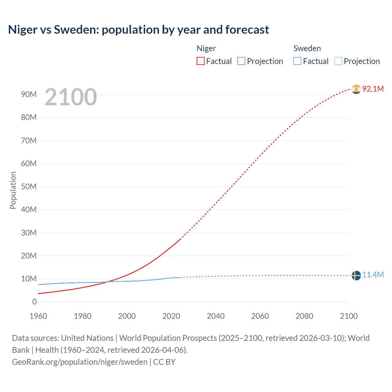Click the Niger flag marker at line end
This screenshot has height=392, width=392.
click(356, 89)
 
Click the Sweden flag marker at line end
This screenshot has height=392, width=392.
click(356, 275)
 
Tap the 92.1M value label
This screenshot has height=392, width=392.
click(373, 89)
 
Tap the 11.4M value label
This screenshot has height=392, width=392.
click(373, 275)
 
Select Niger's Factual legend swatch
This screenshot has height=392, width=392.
click(200, 61)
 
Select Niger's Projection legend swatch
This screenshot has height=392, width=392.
click(241, 61)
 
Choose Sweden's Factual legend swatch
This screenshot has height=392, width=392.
click(297, 61)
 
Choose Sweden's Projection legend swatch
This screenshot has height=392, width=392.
click(338, 61)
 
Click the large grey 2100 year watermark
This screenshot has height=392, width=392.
click(71, 97)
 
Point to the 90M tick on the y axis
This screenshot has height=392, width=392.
click(29, 94)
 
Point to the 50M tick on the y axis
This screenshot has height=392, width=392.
click(29, 187)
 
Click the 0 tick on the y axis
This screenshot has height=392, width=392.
click(34, 302)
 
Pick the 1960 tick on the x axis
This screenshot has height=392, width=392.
click(38, 316)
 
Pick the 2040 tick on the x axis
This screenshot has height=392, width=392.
click(216, 316)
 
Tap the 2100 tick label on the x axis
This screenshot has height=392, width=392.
click(349, 316)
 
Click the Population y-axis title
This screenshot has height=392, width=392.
click(13, 190)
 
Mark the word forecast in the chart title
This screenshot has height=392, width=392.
click(247, 30)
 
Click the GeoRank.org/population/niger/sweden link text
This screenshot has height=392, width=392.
click(80, 362)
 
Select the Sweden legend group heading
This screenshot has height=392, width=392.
click(307, 48)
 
